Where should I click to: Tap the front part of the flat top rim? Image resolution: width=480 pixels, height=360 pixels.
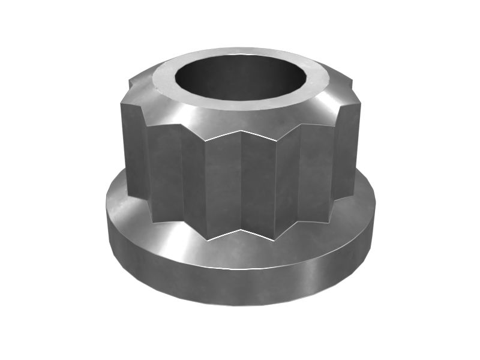(240, 104)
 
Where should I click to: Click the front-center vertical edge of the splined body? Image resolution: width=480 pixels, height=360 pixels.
(241, 180)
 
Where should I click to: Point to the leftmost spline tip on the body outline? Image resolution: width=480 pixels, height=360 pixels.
(121, 150)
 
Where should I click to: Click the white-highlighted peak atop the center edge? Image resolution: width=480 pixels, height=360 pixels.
(241, 131)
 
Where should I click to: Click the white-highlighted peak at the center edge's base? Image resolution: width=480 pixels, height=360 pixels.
(241, 230)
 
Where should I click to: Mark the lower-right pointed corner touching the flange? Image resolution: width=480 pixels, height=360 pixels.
(331, 218)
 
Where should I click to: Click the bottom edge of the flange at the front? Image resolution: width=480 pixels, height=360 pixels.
(240, 305)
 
